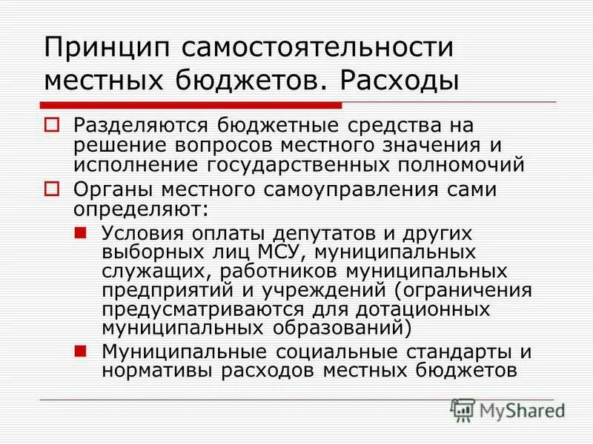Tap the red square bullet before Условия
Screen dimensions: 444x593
tap(83, 232)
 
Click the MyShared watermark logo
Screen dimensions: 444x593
tap(507, 409)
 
